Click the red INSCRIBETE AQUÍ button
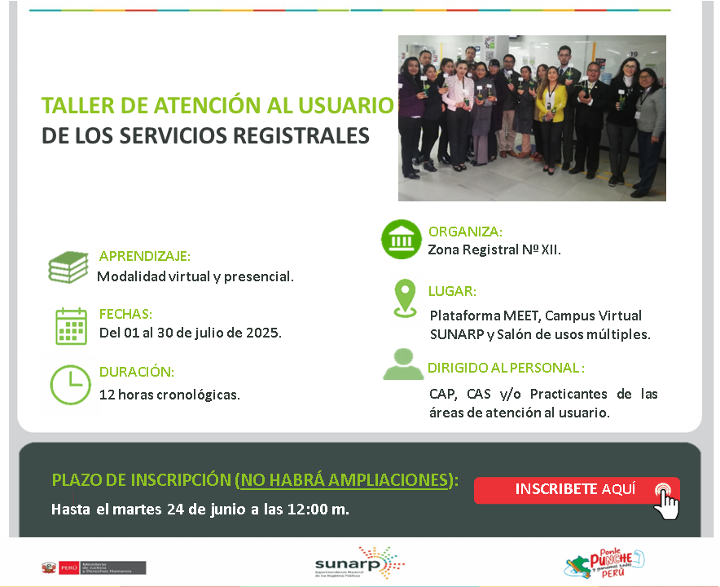pos(575,490)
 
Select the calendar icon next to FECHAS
pos(71,326)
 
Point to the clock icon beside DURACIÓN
pos(71,385)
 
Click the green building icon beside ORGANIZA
pos(402,240)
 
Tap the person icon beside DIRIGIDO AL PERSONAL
pos(403,364)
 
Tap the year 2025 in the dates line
pos(262,333)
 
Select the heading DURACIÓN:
pos(137,372)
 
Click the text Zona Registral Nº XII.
pos(494,249)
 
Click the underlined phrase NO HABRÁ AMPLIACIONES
pos(345,479)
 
